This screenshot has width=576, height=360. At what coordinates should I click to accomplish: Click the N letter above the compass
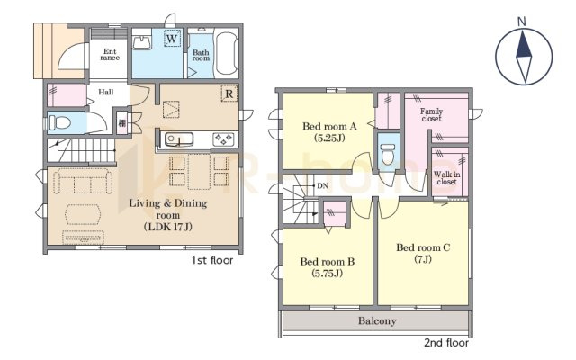click(x=522, y=22)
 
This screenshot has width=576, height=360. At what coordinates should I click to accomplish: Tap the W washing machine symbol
click(x=172, y=38)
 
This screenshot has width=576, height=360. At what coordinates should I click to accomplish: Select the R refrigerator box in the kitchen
click(x=229, y=94)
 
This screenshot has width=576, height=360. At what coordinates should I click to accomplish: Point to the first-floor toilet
click(x=59, y=122)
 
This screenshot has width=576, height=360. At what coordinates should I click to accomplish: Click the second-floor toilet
click(x=388, y=155)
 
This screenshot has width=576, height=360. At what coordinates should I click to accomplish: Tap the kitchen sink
click(x=179, y=139)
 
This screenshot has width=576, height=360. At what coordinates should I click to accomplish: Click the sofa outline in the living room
click(x=83, y=181)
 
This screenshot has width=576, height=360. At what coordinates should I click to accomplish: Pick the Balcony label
click(x=377, y=321)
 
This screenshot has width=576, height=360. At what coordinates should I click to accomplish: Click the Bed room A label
click(x=329, y=127)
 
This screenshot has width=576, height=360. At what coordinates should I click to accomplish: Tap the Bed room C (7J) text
click(x=423, y=254)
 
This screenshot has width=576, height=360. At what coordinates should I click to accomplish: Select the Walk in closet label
click(x=446, y=178)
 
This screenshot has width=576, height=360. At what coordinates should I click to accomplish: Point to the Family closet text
click(x=432, y=114)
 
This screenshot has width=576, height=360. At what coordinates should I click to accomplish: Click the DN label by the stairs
click(x=322, y=186)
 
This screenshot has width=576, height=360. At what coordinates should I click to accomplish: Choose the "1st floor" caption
click(x=212, y=260)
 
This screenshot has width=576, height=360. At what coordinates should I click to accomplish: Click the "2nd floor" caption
click(x=446, y=343)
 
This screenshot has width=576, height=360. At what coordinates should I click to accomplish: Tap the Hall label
click(x=106, y=92)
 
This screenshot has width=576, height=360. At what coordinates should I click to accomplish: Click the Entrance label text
click(x=110, y=54)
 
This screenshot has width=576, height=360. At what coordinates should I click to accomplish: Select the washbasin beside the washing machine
click(x=142, y=42)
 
